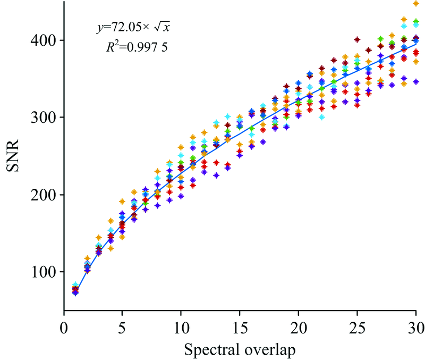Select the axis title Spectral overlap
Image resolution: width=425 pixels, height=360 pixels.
[240, 349]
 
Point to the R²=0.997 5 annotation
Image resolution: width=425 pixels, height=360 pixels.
[140, 47]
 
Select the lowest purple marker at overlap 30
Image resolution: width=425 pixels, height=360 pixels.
[416, 82]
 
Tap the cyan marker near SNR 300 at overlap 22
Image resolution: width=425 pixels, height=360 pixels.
[322, 117]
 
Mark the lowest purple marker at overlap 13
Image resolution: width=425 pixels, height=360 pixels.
[216, 175]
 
